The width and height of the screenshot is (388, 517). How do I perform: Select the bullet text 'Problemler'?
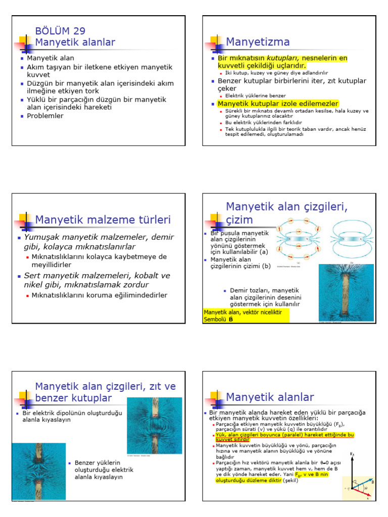coord(45,116)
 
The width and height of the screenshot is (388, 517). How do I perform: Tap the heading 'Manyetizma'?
coord(258,41)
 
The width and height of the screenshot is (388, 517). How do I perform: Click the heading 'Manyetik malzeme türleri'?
coord(103,220)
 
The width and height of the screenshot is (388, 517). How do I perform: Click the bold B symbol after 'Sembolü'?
coord(231,319)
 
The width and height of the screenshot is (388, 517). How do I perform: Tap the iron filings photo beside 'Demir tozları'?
coord(346,292)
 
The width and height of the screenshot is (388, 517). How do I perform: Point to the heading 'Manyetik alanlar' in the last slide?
coord(270,397)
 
